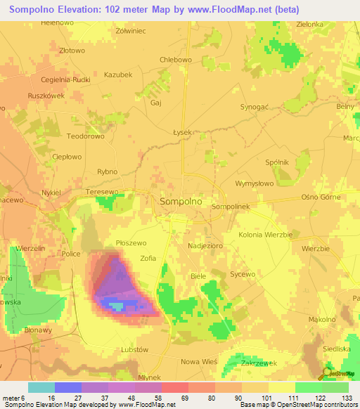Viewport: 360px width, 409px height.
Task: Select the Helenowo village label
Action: pos(58,22)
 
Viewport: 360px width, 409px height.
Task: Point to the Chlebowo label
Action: pos(176,60)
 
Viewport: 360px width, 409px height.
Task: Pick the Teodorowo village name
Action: pos(85,136)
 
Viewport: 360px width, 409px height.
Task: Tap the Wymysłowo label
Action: pos(254,183)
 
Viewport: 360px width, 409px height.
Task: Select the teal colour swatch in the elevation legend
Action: pos(41,387)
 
